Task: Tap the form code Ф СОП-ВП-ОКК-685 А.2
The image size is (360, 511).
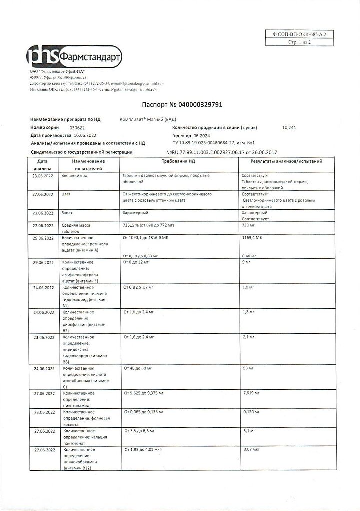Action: [299, 34]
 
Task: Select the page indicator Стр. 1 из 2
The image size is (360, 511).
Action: [299, 43]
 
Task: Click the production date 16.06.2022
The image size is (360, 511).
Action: [85, 135]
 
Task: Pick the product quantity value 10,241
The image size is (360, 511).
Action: [289, 128]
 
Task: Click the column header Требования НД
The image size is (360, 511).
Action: [178, 162]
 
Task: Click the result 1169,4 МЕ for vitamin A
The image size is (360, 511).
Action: [252, 238]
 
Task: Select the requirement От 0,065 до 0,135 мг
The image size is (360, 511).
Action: [144, 412]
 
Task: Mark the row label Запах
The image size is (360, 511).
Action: [67, 213]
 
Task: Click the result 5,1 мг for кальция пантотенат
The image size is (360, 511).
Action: [248, 430]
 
